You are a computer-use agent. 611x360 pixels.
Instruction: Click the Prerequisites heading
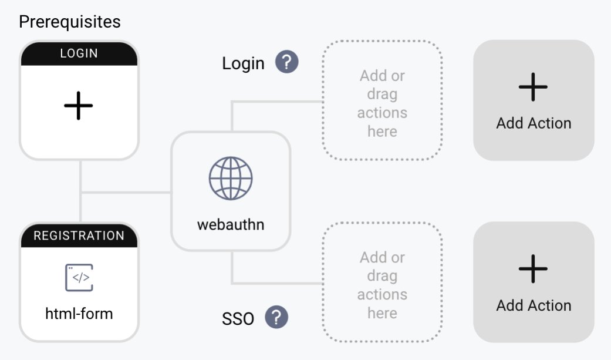click(x=69, y=22)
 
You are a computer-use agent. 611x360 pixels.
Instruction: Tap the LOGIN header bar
click(x=79, y=53)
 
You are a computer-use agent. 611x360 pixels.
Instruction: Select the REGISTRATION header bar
click(x=79, y=235)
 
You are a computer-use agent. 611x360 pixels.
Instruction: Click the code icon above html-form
click(x=79, y=278)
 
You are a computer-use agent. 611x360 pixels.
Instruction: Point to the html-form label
click(x=79, y=314)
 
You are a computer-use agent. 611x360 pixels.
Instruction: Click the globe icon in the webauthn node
click(x=231, y=178)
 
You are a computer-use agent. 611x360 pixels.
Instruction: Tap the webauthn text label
click(x=231, y=224)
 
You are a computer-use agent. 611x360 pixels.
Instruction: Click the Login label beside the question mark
click(x=243, y=63)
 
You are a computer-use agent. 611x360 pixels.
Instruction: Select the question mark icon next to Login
click(x=287, y=62)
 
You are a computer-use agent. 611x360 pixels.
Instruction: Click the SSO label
click(x=238, y=319)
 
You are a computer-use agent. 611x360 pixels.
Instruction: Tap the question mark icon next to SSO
click(x=277, y=318)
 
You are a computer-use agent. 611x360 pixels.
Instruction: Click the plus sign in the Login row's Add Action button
click(x=534, y=87)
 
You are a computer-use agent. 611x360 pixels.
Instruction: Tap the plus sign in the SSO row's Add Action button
click(x=534, y=269)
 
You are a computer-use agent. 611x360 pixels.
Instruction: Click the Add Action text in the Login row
click(x=534, y=123)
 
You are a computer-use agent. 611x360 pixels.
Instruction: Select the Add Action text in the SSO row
click(x=534, y=305)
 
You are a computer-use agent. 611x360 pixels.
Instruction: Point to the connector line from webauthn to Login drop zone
click(x=276, y=101)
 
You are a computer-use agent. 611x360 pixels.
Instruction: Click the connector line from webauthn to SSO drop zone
click(x=276, y=282)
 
